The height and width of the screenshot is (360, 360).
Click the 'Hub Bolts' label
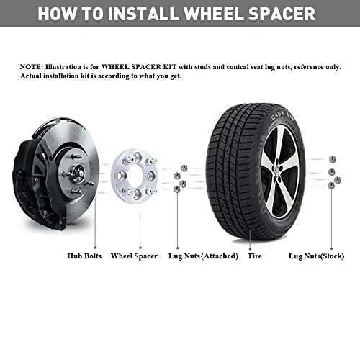point(84,256)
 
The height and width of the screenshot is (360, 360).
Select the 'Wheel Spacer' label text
point(134,256)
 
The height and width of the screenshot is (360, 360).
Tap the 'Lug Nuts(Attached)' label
point(203,256)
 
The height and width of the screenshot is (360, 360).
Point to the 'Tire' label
point(255,256)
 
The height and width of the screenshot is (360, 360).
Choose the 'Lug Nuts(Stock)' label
point(316,256)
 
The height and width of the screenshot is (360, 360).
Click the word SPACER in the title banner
point(282,14)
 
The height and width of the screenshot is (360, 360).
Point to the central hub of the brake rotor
point(78,174)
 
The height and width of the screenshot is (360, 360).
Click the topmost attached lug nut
point(184,168)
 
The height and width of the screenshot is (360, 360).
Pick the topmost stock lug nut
point(332,159)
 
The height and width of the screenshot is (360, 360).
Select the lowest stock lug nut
point(331,185)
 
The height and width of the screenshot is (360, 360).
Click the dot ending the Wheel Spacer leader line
point(140,248)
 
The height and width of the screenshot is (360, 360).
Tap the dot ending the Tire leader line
point(250,249)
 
